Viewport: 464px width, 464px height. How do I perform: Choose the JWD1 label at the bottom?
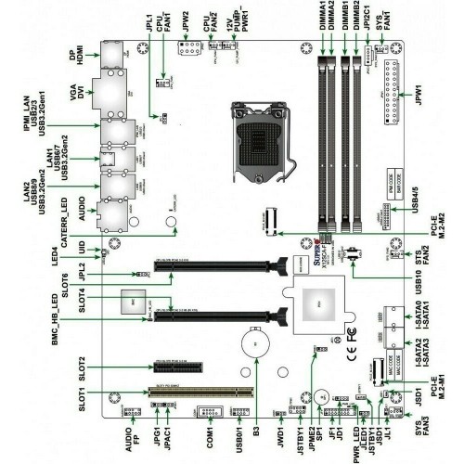(x=278, y=433)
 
